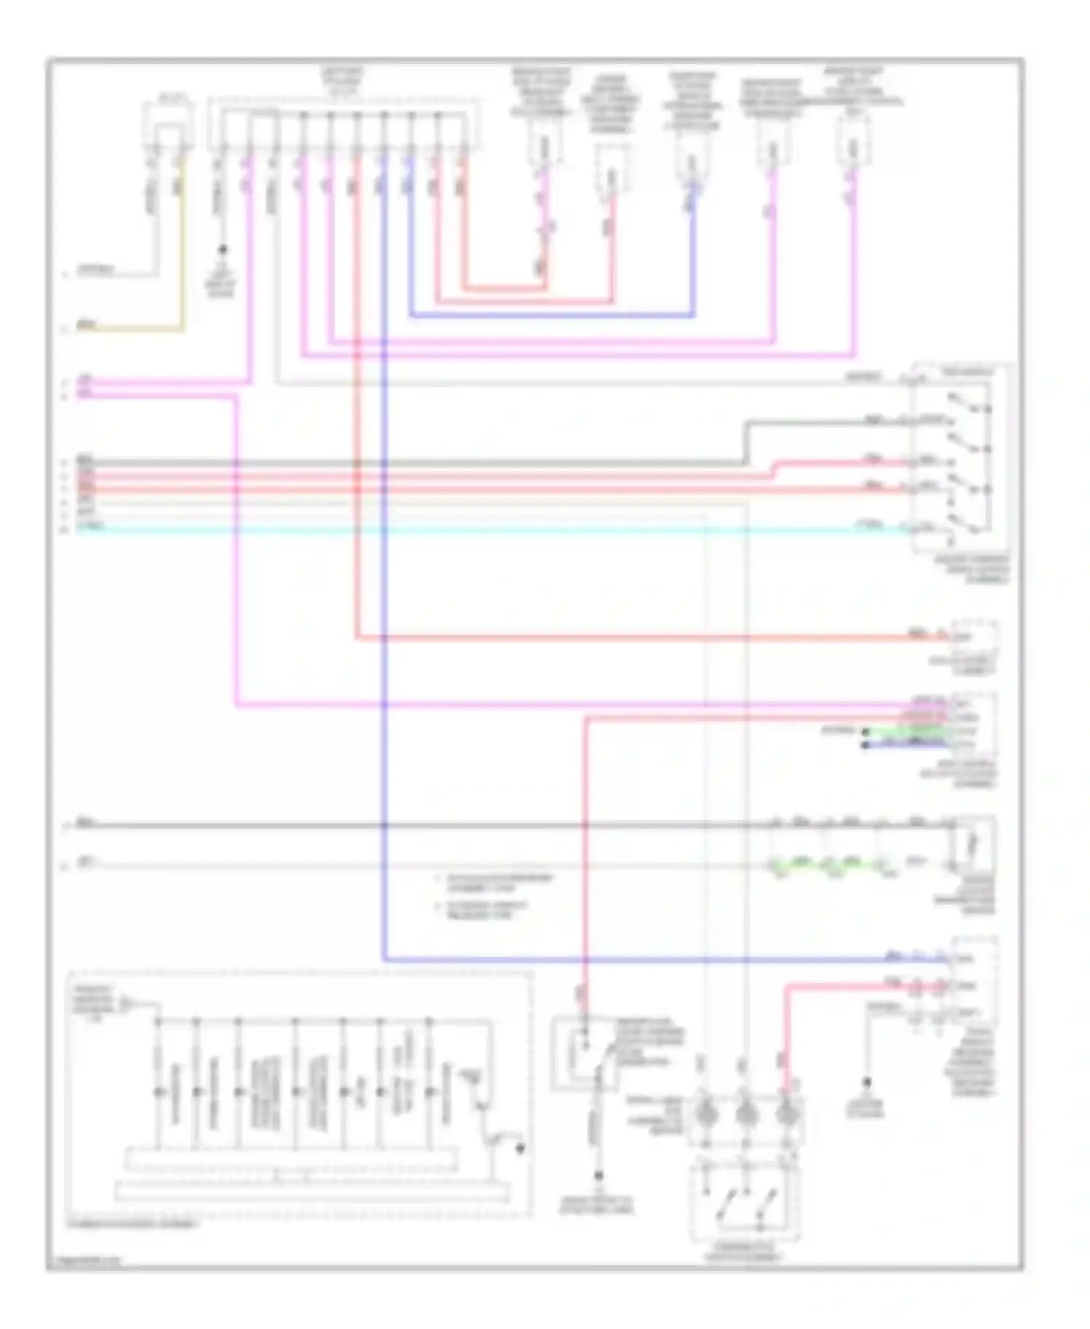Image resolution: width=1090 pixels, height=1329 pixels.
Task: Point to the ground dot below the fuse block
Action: pos(223,249)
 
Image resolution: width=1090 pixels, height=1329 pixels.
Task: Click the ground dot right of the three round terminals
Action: pos(866,1081)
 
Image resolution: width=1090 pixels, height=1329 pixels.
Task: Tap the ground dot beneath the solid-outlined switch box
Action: pos(598,1176)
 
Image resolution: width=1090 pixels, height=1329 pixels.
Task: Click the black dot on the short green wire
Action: pos(865,732)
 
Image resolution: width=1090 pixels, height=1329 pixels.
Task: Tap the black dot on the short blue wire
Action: pos(865,744)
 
